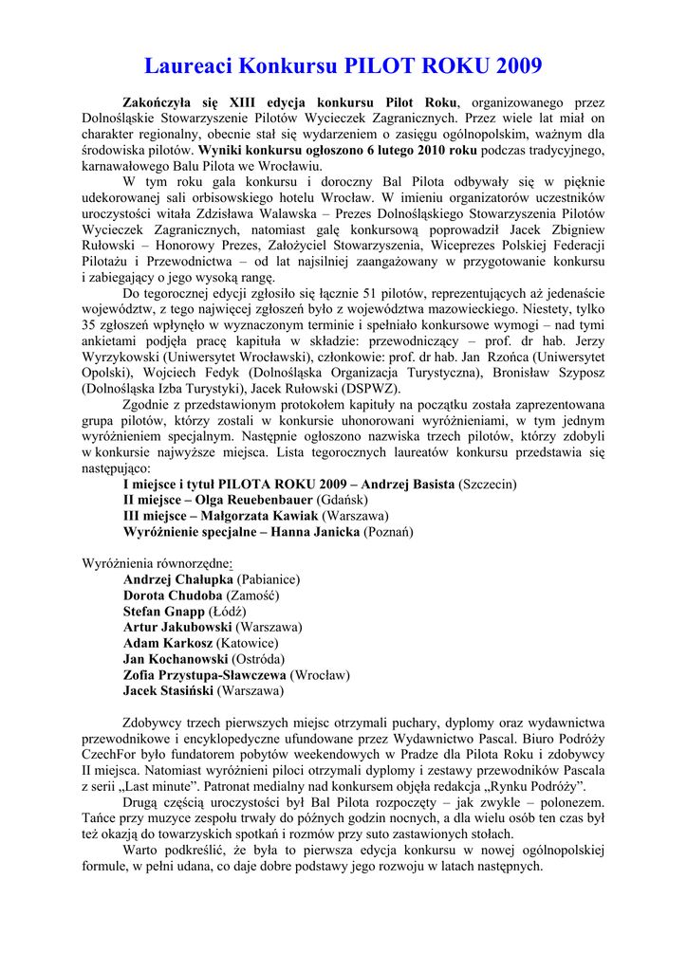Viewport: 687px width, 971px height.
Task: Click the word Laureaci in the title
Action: [189, 65]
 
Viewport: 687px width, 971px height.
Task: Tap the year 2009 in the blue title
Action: [511, 65]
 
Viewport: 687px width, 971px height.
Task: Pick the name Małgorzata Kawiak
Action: [256, 515]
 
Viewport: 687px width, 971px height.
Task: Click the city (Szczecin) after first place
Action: [488, 484]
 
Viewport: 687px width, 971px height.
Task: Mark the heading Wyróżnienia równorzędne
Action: [157, 562]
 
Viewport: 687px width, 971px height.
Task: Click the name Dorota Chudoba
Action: [173, 595]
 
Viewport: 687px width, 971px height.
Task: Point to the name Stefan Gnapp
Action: [164, 611]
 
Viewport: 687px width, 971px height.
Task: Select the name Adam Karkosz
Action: [167, 643]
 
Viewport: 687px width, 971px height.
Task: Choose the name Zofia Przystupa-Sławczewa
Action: [205, 674]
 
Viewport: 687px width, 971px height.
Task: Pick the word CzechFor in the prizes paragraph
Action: [112, 754]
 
